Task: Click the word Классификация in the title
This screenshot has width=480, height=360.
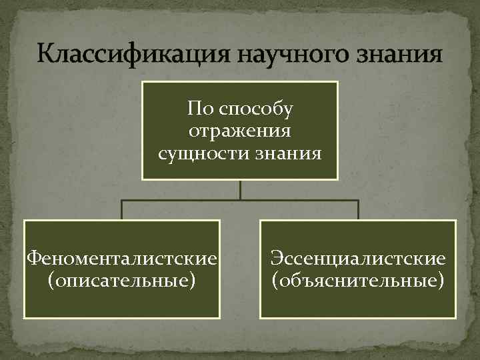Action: (x=127, y=53)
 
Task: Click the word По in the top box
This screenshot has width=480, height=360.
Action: (x=199, y=108)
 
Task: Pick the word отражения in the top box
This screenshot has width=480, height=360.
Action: (x=240, y=131)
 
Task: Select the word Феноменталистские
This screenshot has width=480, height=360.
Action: (x=122, y=257)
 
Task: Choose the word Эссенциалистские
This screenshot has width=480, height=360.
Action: (x=357, y=257)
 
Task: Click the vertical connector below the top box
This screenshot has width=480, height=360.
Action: (x=240, y=189)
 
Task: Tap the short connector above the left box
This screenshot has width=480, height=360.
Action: (x=122, y=210)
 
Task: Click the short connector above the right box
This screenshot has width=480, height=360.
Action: (x=358, y=210)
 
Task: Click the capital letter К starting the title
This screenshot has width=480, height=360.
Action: (x=45, y=53)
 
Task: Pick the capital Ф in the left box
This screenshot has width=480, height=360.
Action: (x=31, y=257)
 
